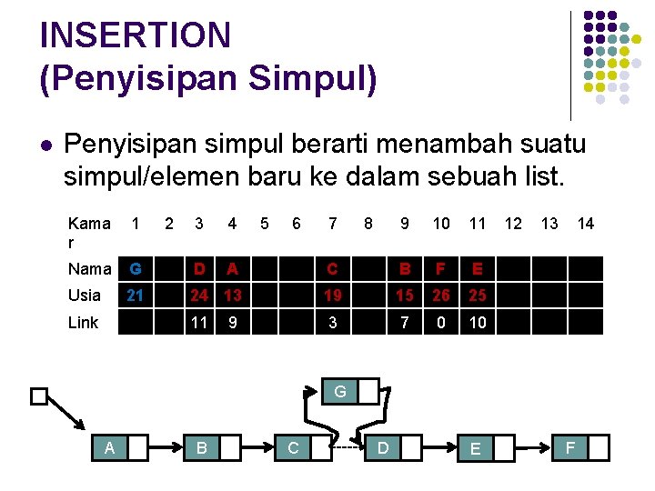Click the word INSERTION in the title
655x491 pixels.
[x=136, y=35]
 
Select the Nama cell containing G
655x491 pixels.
[x=136, y=269]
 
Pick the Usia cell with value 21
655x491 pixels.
[x=136, y=296]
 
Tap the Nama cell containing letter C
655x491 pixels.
[x=333, y=269]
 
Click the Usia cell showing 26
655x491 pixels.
[x=441, y=296]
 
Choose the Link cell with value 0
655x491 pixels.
[x=441, y=322]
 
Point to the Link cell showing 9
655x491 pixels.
[x=233, y=322]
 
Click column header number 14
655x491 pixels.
[x=586, y=223]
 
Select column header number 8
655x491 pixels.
[x=368, y=223]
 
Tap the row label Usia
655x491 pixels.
[x=85, y=296]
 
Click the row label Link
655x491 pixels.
[x=83, y=322]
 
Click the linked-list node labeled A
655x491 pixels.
[x=109, y=447]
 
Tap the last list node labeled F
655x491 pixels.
[x=570, y=447]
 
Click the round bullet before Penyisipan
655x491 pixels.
[x=45, y=145]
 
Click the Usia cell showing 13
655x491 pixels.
[x=233, y=296]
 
